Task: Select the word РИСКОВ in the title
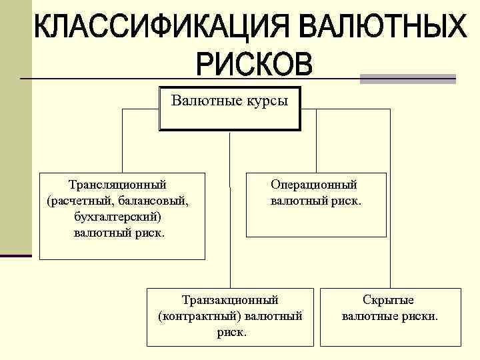[254, 64]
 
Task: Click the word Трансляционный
[117, 184]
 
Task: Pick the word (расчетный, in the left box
[77, 200]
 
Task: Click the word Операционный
[314, 184]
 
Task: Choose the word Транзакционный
[231, 300]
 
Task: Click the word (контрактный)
[201, 315]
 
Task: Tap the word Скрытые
[388, 300]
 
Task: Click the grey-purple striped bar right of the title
[407, 79]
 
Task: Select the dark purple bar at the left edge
[15, 255]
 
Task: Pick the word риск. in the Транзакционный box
[232, 331]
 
